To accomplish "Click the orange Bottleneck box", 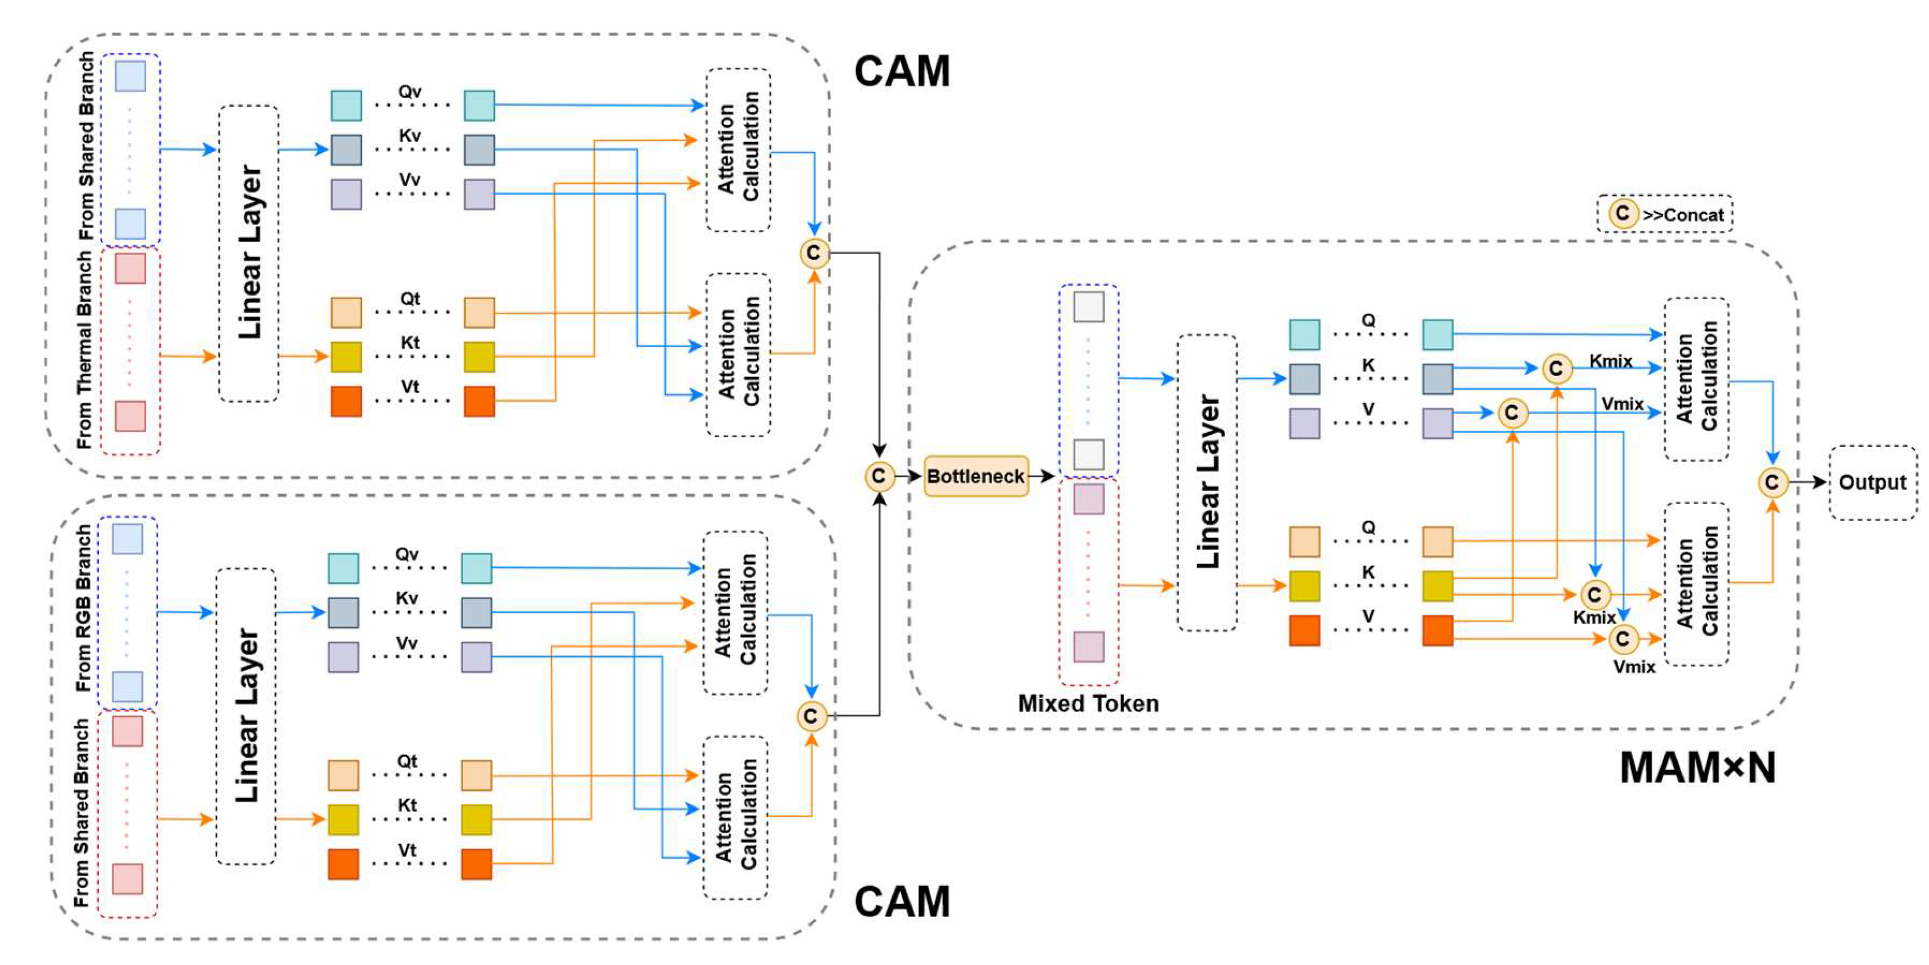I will point(975,476).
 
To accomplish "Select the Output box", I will point(1872,482).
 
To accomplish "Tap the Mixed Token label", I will point(1088,703).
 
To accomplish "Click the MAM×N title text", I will point(1697,768).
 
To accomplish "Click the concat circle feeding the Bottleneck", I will point(879,476).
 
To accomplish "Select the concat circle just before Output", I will point(1772,482).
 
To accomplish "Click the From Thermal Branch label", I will point(84,350).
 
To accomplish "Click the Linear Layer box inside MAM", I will point(1207,482).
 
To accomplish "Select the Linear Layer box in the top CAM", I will point(248,253).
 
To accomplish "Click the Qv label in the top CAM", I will point(410,91).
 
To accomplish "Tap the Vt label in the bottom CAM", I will point(406,850).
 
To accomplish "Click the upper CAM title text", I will point(901,71).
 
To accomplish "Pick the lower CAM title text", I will point(901,901).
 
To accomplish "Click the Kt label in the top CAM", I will point(410,342).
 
